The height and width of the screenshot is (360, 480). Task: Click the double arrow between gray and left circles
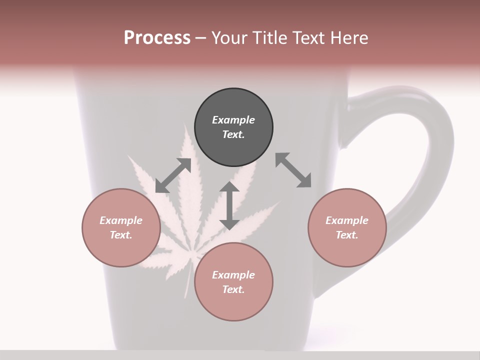tap(173, 175)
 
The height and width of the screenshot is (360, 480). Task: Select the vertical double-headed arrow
tap(229, 205)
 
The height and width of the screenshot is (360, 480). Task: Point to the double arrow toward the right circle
tap(293, 170)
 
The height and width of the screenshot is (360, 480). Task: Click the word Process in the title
tap(157, 37)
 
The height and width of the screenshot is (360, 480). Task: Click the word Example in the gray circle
tap(233, 120)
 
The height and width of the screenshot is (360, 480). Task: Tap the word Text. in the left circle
tap(121, 235)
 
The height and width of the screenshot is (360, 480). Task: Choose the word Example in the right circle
tap(347, 220)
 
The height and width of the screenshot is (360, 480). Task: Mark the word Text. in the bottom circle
tap(233, 289)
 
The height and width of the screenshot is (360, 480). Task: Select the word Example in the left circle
tap(121, 220)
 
